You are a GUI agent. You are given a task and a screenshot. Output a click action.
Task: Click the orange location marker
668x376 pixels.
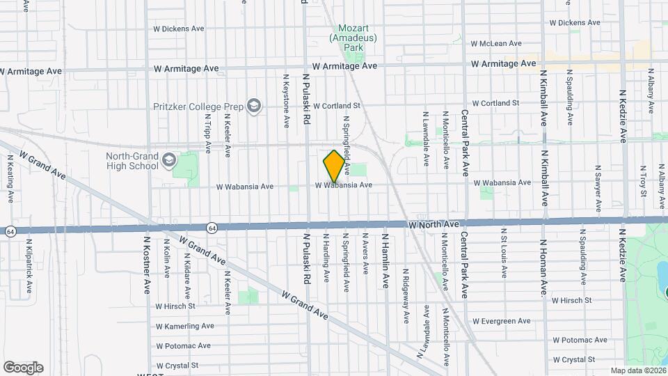pyautogui.click(x=334, y=166)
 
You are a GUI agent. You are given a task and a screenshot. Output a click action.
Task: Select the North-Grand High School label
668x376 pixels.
pyautogui.click(x=132, y=162)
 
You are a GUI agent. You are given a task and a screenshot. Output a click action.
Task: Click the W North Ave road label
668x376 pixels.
pyautogui.click(x=434, y=225)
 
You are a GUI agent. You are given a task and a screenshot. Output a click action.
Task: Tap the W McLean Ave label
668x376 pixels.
pyautogui.click(x=495, y=43)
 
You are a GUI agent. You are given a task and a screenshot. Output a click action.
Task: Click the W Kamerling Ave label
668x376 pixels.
pyautogui.click(x=184, y=326)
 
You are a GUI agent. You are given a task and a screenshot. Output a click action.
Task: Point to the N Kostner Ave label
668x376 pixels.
pyautogui.click(x=147, y=264)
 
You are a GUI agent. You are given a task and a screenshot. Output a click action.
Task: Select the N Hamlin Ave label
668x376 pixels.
pyautogui.click(x=383, y=261)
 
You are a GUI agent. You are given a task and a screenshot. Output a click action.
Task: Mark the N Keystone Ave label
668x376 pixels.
pyautogui.click(x=286, y=100)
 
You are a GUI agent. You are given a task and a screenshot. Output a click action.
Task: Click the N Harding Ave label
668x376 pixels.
pyautogui.click(x=325, y=258)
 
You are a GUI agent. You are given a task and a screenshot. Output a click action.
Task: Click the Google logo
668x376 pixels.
pyautogui.click(x=22, y=368)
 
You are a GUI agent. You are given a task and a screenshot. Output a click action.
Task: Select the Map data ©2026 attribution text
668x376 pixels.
pyautogui.click(x=637, y=370)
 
